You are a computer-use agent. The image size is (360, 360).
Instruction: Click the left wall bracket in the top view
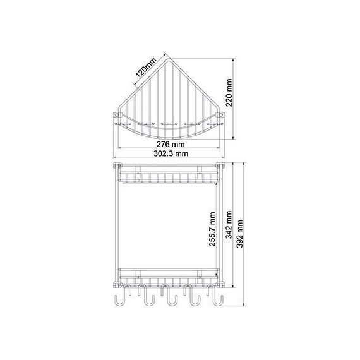click(x=116, y=117)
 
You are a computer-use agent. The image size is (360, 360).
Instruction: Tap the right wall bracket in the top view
click(x=220, y=117)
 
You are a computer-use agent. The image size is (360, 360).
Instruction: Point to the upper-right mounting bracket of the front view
click(x=219, y=166)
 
